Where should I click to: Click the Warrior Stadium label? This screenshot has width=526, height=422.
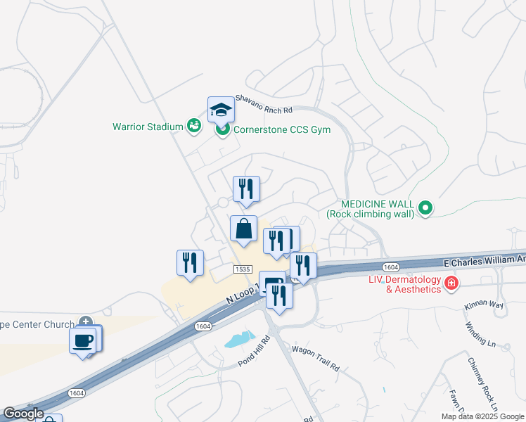147,127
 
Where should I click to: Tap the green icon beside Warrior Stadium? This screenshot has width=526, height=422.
194,126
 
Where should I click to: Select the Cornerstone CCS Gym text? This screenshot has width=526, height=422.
281,129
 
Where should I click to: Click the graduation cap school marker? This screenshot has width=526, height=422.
221,110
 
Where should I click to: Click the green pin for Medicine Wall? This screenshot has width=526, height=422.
425,208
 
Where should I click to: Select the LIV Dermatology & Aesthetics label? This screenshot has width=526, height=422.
404,285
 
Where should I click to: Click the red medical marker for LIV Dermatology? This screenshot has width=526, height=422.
451,284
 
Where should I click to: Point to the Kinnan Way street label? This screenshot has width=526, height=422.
484,306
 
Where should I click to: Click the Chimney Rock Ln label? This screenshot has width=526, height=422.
483,383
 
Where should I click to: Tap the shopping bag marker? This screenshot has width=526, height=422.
243,229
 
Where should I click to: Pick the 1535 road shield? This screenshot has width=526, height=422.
243,269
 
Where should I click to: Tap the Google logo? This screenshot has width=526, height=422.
23,414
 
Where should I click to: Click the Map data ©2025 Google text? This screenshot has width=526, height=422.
482,416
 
